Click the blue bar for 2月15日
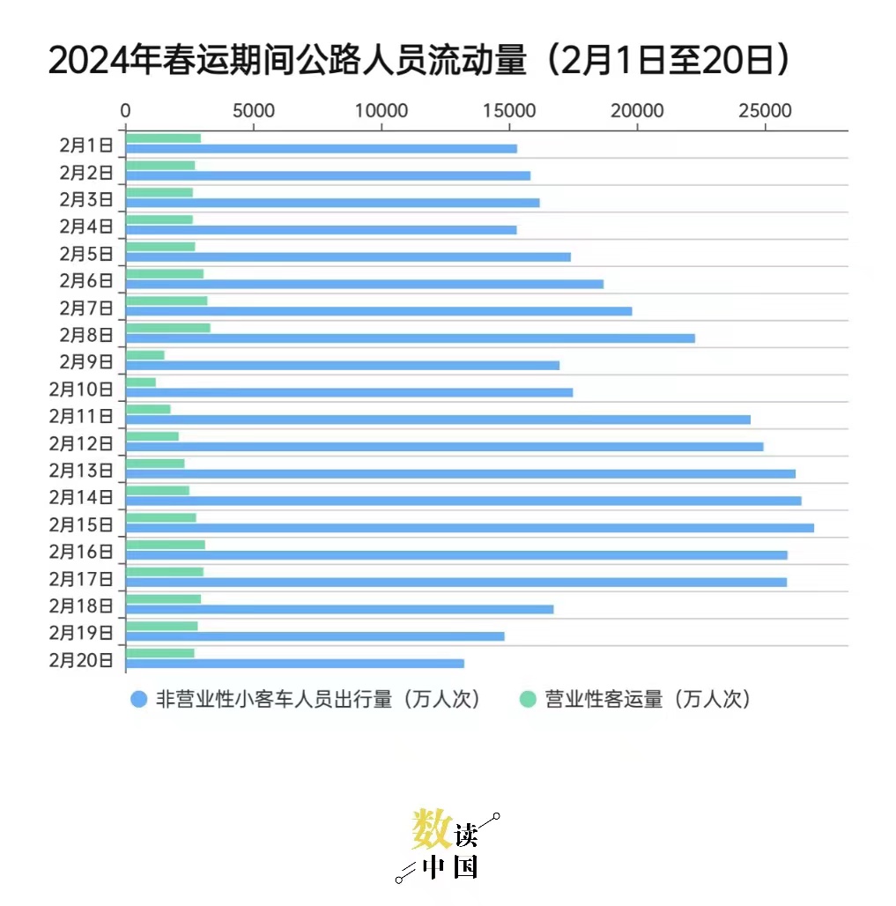pyautogui.click(x=470, y=528)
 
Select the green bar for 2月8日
pyautogui.click(x=167, y=328)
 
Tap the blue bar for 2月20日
pyautogui.click(x=294, y=664)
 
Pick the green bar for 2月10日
pyautogui.click(x=140, y=382)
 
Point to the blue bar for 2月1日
pyautogui.click(x=321, y=149)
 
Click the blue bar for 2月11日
pyautogui.click(x=438, y=420)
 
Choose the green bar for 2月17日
pyautogui.click(x=164, y=572)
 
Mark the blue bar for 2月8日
pyautogui.click(x=410, y=338)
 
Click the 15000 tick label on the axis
pyautogui.click(x=509, y=111)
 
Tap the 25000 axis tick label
pyautogui.click(x=764, y=111)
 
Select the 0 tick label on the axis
pyautogui.click(x=126, y=111)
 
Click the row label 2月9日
pyautogui.click(x=86, y=361)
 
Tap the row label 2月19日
pyautogui.click(x=81, y=633)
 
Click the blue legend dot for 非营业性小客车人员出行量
pyautogui.click(x=138, y=700)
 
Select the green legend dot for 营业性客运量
pyautogui.click(x=528, y=700)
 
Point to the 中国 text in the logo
pyautogui.click(x=450, y=867)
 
